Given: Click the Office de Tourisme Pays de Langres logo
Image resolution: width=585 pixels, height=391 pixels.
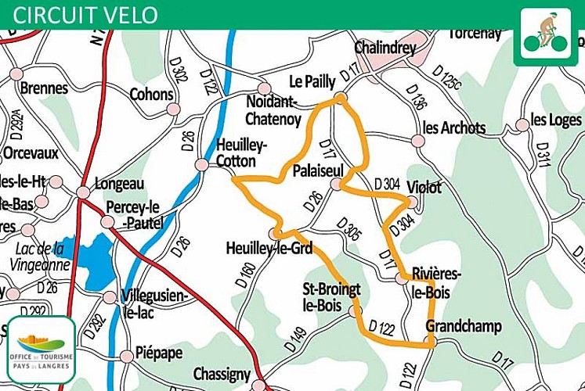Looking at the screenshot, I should pos(42,349).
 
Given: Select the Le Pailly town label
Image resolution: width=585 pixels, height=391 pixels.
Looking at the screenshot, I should pos(312,81).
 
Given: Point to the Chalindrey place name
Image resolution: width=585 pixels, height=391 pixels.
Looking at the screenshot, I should pos(385,48).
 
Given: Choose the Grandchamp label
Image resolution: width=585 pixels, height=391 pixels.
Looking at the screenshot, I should pos(464,326).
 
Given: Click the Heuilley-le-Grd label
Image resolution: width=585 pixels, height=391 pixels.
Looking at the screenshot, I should pos(269,249).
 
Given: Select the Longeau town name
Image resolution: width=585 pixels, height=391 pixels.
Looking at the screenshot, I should pos(119,185).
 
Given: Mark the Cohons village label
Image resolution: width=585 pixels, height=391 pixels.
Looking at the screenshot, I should pos(152,95).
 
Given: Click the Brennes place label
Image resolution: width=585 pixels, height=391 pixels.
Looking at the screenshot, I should pos(44,88).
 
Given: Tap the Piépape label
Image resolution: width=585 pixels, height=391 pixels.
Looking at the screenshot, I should pos(159,353).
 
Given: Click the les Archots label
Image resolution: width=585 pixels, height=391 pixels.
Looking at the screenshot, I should pos(454,127).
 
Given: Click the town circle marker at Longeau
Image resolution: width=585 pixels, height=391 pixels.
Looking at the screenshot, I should pos(84,192).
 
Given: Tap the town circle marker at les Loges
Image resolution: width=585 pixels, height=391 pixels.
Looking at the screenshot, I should pos(522,125).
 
